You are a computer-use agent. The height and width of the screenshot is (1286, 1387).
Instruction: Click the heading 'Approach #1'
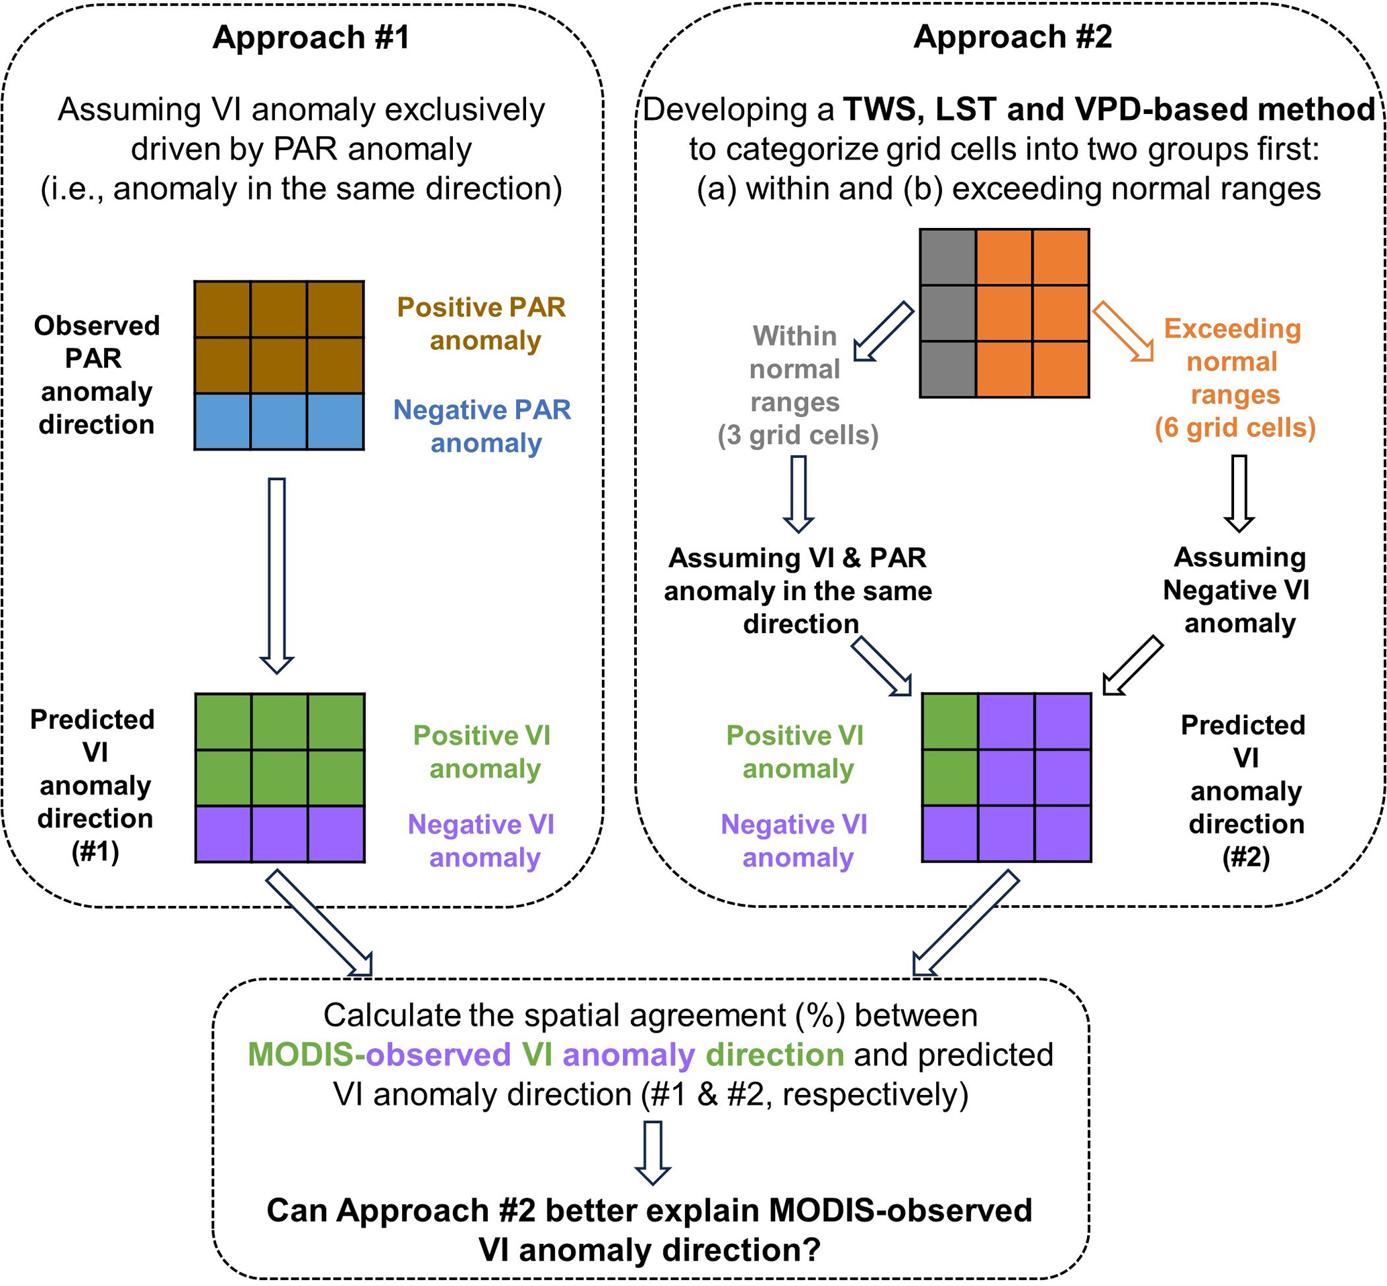click(311, 37)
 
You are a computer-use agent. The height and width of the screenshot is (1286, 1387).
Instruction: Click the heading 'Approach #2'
click(1013, 37)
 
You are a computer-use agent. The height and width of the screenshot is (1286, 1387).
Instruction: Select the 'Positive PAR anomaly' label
click(482, 324)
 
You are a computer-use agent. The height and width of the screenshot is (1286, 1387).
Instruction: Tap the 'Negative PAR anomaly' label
click(482, 426)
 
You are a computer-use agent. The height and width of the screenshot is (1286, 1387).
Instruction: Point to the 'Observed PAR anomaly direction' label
click(96, 375)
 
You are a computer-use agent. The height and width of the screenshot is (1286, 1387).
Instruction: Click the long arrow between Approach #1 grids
click(277, 575)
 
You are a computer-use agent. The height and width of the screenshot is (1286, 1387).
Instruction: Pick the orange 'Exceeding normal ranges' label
click(1235, 378)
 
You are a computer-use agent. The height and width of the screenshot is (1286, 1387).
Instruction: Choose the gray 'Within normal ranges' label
click(797, 386)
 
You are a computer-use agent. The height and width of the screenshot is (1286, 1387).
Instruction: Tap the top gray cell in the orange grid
click(947, 257)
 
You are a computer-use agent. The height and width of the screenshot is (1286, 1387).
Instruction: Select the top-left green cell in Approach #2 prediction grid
click(949, 721)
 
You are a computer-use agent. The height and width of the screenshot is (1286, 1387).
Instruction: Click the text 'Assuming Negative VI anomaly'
click(1239, 590)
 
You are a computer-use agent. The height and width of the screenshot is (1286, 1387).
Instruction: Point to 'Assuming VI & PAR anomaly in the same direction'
click(798, 591)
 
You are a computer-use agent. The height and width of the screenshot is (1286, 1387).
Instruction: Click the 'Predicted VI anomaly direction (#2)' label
click(1245, 791)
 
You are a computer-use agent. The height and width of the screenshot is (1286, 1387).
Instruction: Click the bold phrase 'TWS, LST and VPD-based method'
click(1109, 109)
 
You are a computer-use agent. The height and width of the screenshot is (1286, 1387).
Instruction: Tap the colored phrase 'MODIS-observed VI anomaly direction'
click(546, 1055)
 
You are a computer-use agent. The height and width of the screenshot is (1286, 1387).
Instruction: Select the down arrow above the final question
click(653, 1153)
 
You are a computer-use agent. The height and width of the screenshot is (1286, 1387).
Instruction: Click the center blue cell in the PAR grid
click(278, 422)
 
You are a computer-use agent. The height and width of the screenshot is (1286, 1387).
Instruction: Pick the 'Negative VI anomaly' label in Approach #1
click(482, 841)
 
